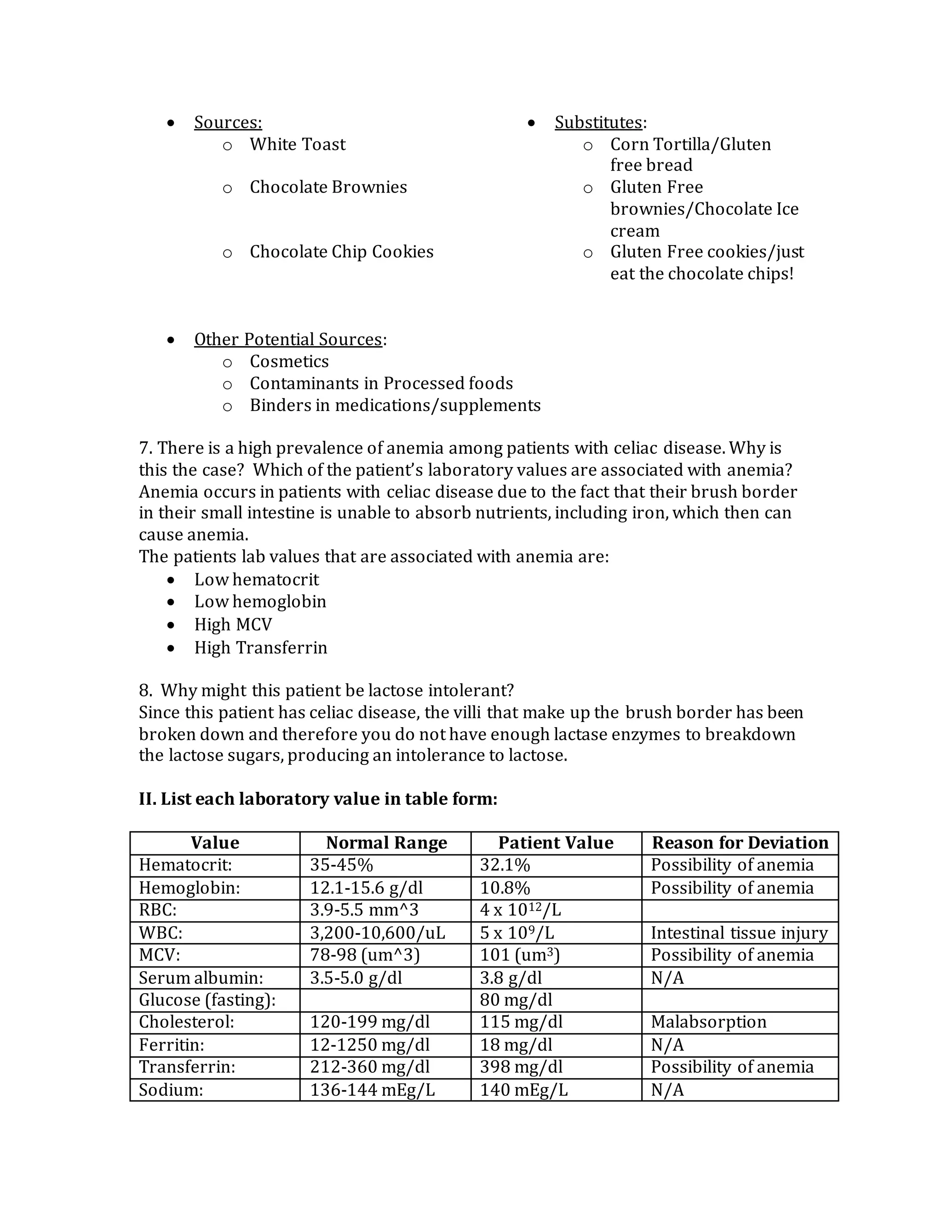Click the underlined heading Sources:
(x=228, y=122)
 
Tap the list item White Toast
(x=298, y=144)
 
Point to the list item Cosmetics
(x=289, y=361)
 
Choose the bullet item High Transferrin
(x=261, y=648)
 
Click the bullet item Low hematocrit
(x=256, y=580)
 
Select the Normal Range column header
(x=386, y=842)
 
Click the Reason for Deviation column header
(x=740, y=842)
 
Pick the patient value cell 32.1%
(x=505, y=865)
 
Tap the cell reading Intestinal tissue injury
(x=739, y=933)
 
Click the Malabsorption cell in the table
(x=708, y=1022)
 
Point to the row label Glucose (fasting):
(x=207, y=1000)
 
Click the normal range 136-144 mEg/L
(x=372, y=1090)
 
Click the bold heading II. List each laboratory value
(x=317, y=799)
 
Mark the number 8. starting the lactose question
(x=145, y=690)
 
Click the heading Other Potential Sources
(x=288, y=340)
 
